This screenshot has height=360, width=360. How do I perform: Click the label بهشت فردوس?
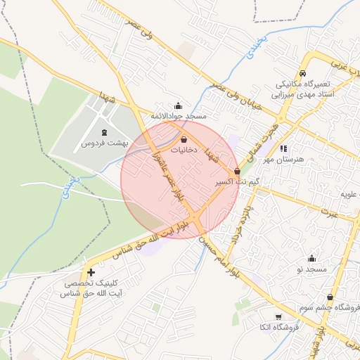pyautogui.click(x=104, y=143)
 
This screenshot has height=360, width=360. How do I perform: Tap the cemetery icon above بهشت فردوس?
pyautogui.click(x=105, y=132)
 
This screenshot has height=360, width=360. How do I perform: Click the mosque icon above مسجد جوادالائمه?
pyautogui.click(x=177, y=105)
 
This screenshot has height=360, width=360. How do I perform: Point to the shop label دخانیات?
pyautogui.click(x=184, y=150)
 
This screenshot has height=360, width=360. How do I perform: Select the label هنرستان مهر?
pyautogui.click(x=283, y=159)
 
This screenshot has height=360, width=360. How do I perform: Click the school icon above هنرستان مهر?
pyautogui.click(x=283, y=148)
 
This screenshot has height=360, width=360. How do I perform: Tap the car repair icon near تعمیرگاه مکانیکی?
pyautogui.click(x=302, y=73)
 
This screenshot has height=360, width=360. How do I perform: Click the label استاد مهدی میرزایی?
pyautogui.click(x=304, y=93)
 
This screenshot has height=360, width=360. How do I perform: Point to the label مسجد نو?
pyautogui.click(x=311, y=269)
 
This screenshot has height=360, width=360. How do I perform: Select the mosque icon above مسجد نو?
pyautogui.click(x=311, y=259)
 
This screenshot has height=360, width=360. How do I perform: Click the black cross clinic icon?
pyautogui.click(x=90, y=272)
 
